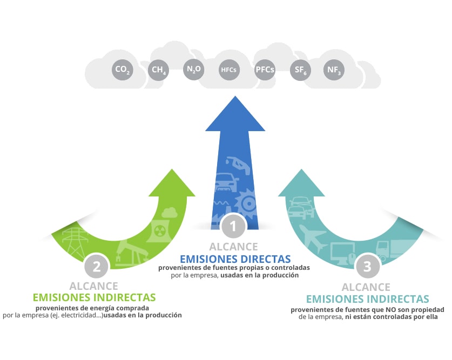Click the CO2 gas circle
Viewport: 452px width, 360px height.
(x=122, y=70)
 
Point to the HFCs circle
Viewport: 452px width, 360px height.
(x=228, y=70)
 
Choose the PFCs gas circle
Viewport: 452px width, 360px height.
(x=265, y=70)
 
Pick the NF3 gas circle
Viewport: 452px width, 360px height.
(x=334, y=70)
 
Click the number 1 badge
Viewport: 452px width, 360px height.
(x=233, y=227)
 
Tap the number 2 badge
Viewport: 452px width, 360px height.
(x=97, y=266)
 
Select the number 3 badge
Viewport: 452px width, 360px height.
(x=367, y=266)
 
